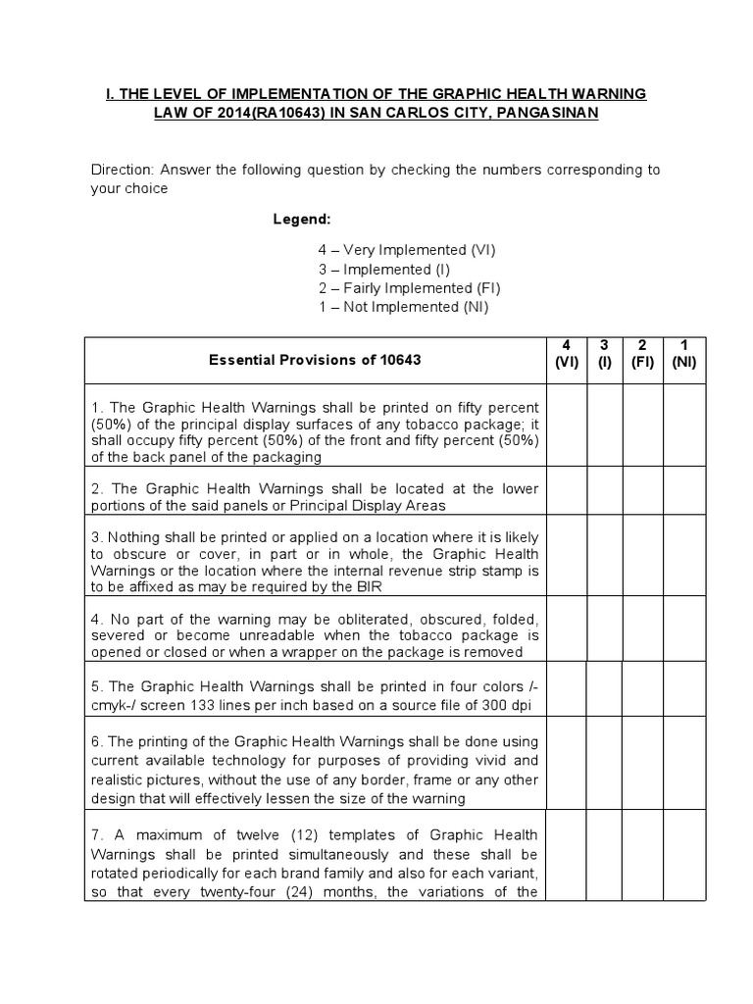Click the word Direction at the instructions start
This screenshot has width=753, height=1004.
tap(121, 170)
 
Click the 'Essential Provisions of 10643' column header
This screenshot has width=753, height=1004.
tap(315, 360)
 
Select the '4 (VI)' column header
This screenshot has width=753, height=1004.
tap(567, 353)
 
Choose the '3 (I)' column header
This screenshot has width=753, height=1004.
tap(604, 353)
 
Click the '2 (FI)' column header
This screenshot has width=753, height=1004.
tap(642, 353)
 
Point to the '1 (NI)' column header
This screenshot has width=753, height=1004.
tap(683, 353)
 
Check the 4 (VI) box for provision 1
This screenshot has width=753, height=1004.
tap(567, 426)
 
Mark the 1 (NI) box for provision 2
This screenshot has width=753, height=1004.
tap(683, 491)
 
